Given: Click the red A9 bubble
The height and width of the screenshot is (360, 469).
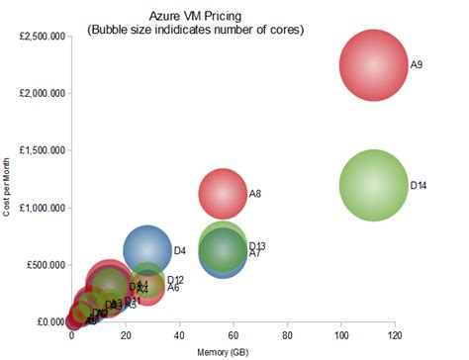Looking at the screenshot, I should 373,65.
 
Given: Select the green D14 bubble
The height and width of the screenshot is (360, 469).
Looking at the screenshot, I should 373,185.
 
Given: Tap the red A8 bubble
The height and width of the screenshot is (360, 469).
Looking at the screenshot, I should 223,193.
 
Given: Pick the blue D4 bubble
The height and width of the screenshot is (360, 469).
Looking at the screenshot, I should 147,250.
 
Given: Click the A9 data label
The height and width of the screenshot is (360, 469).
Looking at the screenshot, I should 417,65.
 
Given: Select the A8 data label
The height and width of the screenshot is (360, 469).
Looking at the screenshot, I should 254,194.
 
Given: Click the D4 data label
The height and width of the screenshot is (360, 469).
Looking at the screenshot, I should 180,251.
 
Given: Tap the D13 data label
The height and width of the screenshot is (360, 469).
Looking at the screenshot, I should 257,245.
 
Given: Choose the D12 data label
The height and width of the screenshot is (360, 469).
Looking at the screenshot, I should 175,281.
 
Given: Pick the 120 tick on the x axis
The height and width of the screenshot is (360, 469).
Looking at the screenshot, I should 395,335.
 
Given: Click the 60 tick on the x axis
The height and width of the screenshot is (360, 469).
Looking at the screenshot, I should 234,335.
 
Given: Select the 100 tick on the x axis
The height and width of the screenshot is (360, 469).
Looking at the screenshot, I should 341,335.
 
